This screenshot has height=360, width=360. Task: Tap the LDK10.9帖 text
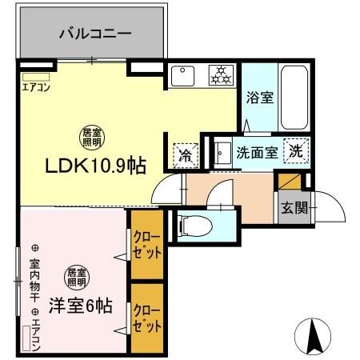[x=94, y=166]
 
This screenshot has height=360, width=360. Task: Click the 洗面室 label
[x=255, y=152]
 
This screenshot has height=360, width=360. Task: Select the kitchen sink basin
[x=182, y=77]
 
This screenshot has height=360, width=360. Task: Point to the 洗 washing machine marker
[x=296, y=150]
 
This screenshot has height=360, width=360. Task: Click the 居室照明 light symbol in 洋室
[x=77, y=277]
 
